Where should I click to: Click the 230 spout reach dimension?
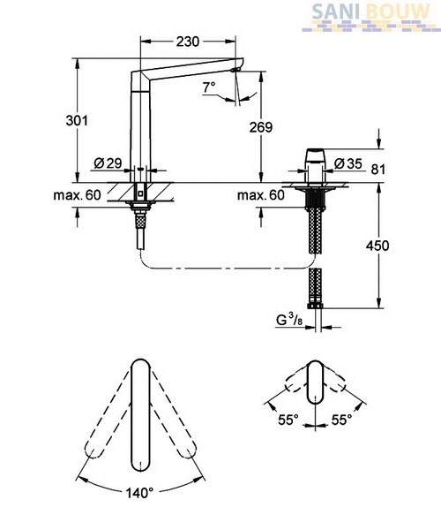coord(188,42)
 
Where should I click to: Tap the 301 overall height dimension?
coord(77,120)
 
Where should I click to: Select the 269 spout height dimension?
coord(261,127)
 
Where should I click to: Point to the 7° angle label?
coord(209,87)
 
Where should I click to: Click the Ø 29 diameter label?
coord(108,163)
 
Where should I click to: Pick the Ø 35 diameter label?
coord(348,164)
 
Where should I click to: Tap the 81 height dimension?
coord(377,170)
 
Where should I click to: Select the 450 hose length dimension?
coord(377,246)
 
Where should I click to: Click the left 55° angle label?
coord(288,420)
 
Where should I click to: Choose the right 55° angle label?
coord(341,420)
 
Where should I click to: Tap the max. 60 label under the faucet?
coord(77,195)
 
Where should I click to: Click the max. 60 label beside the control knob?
coord(261,195)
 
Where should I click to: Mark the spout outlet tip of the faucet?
coord(235,70)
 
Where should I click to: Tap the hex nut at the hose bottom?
coord(315,306)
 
